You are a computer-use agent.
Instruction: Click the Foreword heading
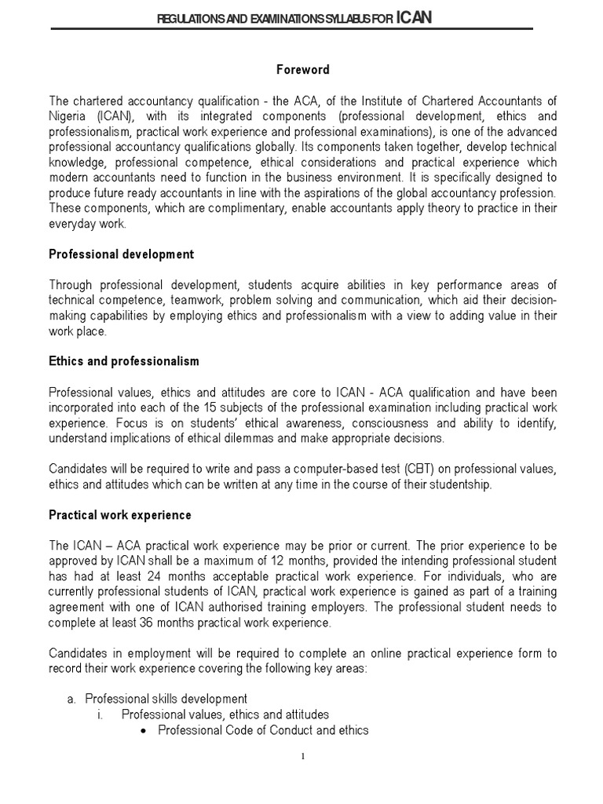coord(302,71)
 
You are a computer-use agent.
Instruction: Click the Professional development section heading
coord(121,255)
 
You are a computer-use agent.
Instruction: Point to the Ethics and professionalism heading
coord(123,361)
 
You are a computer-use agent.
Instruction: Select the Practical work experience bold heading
coord(119,515)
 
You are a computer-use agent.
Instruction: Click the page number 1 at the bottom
coord(302,757)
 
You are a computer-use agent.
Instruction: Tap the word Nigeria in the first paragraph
coord(70,116)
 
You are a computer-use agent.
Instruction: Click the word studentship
coord(454,484)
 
